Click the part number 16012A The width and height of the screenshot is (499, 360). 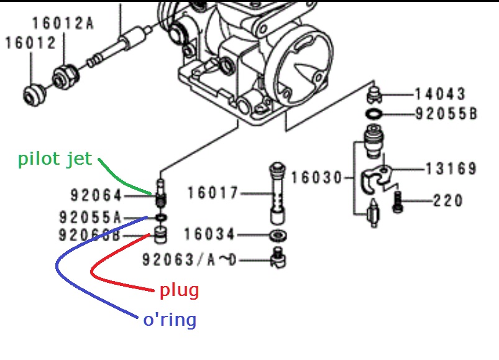pyautogui.click(x=63, y=24)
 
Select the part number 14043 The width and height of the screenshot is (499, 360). pyautogui.click(x=440, y=95)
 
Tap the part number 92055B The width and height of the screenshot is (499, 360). pyautogui.click(x=446, y=114)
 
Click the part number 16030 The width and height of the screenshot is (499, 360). pyautogui.click(x=317, y=178)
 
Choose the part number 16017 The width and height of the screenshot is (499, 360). pyautogui.click(x=213, y=193)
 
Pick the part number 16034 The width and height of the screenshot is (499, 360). pyautogui.click(x=209, y=235)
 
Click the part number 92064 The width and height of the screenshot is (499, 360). pyautogui.click(x=97, y=196)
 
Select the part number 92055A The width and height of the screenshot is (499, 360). pyautogui.click(x=90, y=217)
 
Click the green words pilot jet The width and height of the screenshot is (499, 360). pyautogui.click(x=55, y=159)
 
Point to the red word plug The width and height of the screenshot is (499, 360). pyautogui.click(x=179, y=290)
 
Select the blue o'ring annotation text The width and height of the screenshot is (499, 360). pyautogui.click(x=170, y=320)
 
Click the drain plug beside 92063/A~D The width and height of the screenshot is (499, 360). pyautogui.click(x=278, y=257)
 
